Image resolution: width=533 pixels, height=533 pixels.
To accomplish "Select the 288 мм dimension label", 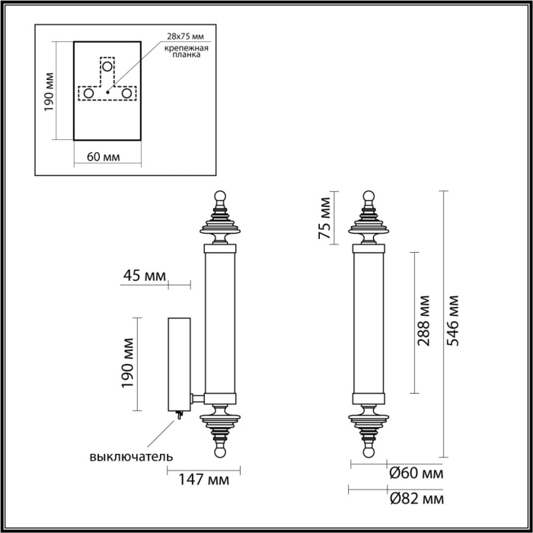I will tap(423, 323).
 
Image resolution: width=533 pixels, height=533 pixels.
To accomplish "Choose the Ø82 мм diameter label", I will tap(415, 499).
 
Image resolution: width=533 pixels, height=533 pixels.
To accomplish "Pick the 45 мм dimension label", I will tap(144, 275).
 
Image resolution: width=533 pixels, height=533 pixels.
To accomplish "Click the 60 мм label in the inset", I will tap(104, 157).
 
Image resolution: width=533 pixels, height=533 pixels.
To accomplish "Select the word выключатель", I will tap(131, 457).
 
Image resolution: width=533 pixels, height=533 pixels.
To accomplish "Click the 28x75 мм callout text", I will tap(185, 37).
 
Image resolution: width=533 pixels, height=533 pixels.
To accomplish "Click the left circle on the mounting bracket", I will tap(88, 93).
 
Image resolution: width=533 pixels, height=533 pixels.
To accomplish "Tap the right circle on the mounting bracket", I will tap(126, 93).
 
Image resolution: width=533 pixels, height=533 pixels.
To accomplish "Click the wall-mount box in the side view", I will tap(180, 364).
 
